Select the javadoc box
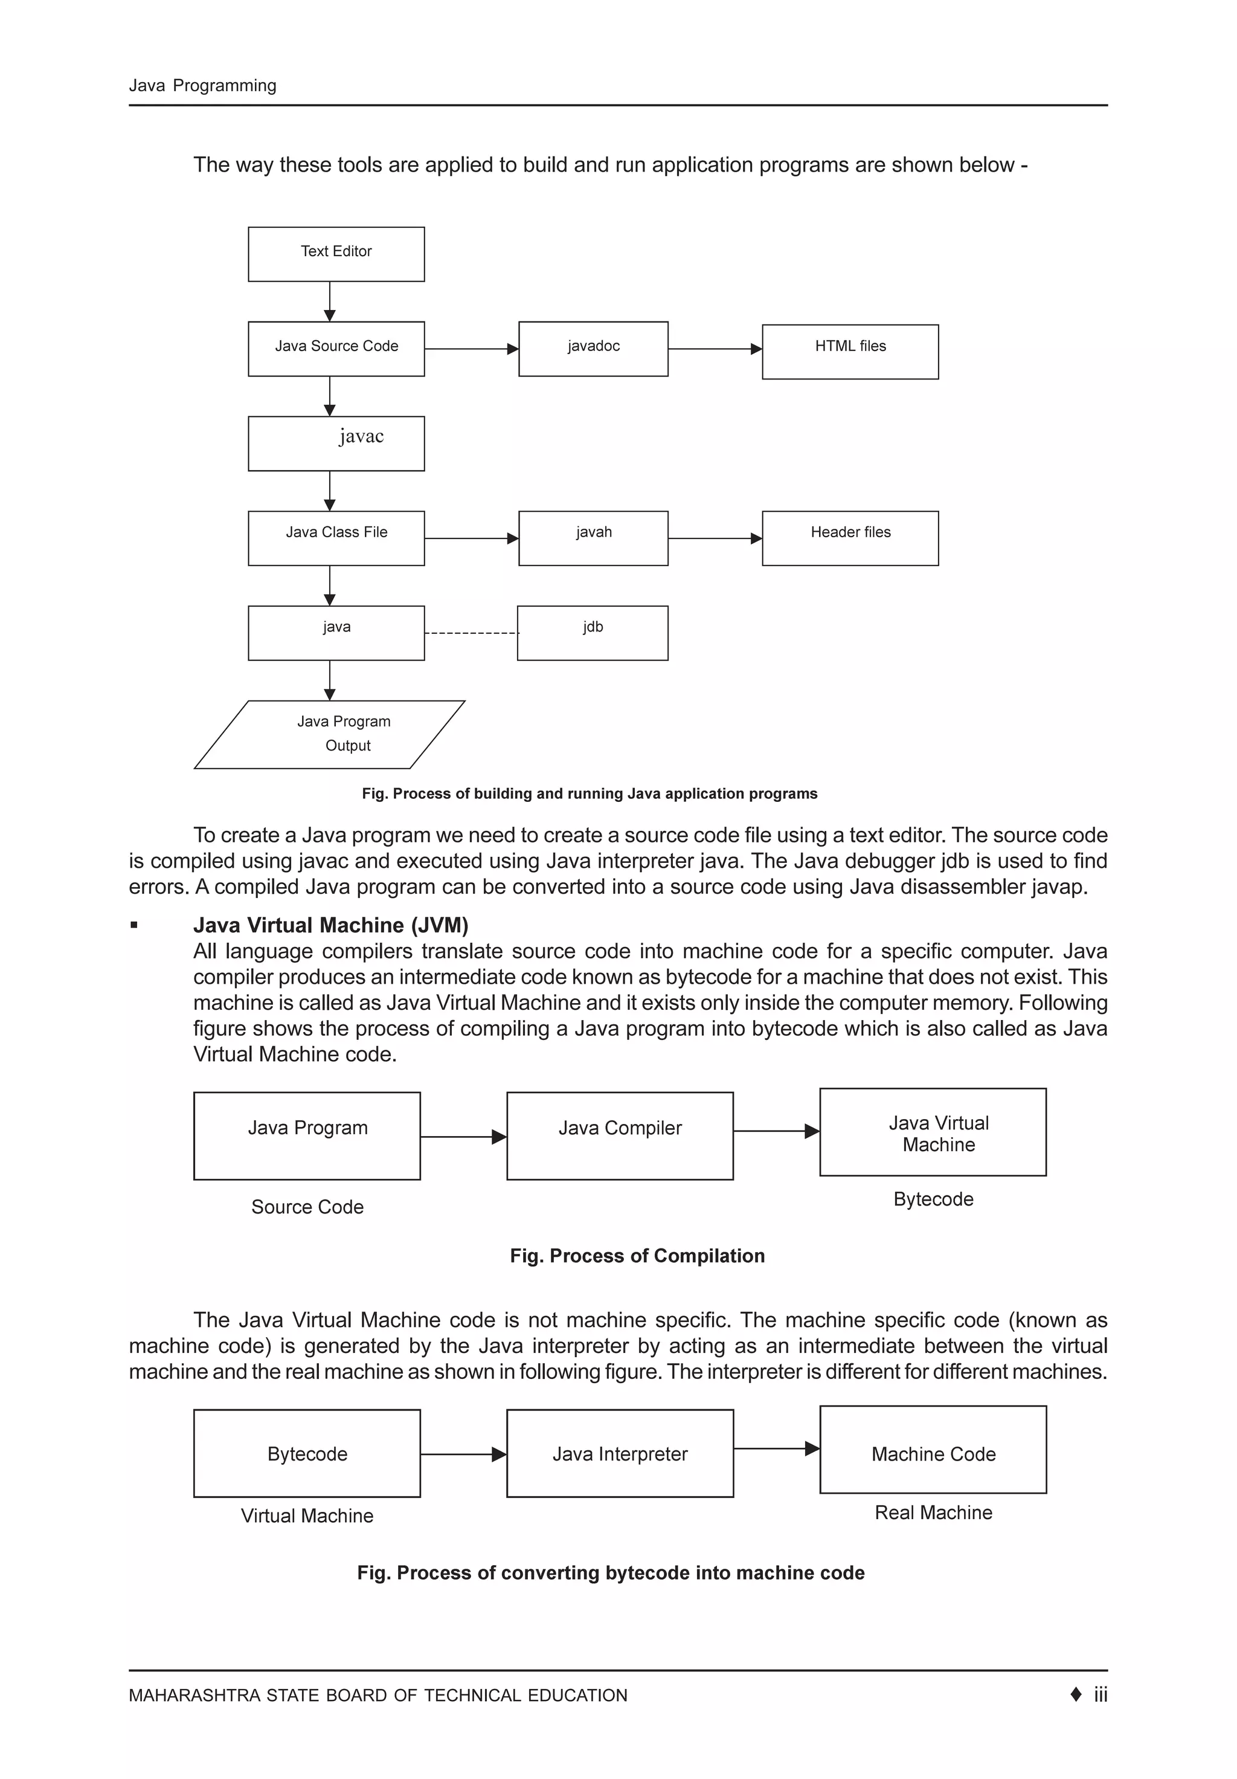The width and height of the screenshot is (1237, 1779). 593,349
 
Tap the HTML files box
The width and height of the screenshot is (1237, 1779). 850,351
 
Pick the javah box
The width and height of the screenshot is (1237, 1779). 593,538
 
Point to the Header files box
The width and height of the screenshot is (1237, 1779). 850,538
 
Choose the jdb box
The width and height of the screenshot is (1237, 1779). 592,632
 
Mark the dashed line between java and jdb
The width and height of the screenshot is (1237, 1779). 471,633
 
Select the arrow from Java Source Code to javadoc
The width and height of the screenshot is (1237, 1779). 471,349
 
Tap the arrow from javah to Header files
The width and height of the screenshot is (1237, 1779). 714,538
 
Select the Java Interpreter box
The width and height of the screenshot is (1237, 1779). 619,1453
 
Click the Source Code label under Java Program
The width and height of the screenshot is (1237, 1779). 307,1206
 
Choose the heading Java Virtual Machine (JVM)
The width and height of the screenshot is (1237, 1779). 331,925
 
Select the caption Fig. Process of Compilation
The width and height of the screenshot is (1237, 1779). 637,1255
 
